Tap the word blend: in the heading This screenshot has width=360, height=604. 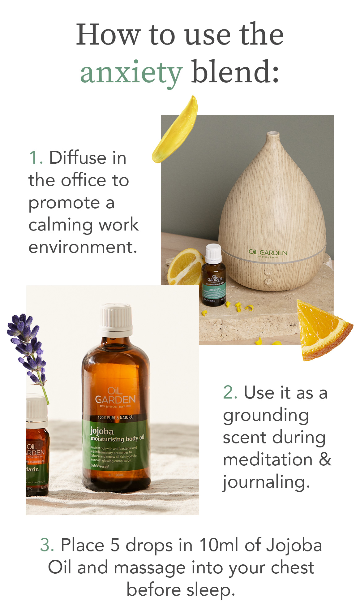(235, 72)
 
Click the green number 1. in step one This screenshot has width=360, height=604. (35, 157)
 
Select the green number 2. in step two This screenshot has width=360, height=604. (230, 393)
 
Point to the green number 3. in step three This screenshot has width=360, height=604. (47, 545)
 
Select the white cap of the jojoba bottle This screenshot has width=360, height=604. (116, 316)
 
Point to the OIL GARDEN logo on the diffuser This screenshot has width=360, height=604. (268, 253)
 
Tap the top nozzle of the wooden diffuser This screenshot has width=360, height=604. (272, 134)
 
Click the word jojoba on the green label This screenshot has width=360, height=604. (101, 431)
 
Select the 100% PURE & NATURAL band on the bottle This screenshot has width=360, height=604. (116, 417)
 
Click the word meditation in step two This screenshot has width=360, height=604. (268, 459)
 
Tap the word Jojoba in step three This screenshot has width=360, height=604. (294, 545)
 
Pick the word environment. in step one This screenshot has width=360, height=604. (83, 247)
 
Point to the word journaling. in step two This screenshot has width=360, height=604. (266, 482)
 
